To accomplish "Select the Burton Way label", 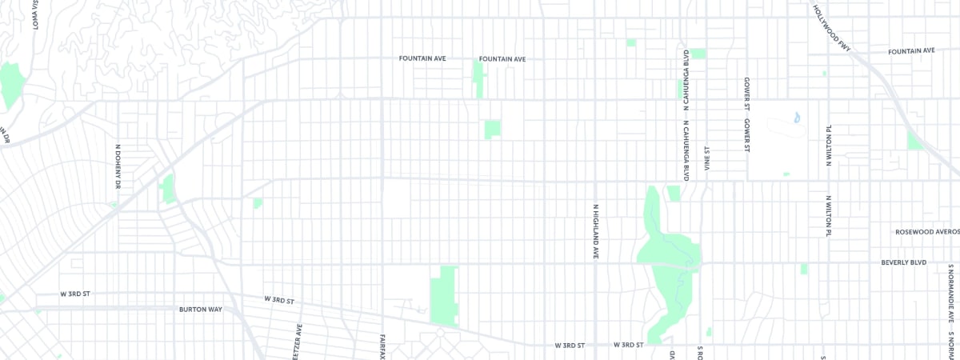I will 200,308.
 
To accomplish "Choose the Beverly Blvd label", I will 903,262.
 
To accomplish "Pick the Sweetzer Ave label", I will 299,342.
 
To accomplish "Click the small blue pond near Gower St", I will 796,118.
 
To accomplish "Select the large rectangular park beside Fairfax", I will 444,296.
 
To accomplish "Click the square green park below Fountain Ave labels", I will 492,129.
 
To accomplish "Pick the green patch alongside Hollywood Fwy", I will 914,141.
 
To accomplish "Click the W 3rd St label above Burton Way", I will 75,294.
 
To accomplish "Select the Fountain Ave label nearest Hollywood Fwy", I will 911,51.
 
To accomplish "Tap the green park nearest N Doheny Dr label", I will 167,190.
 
